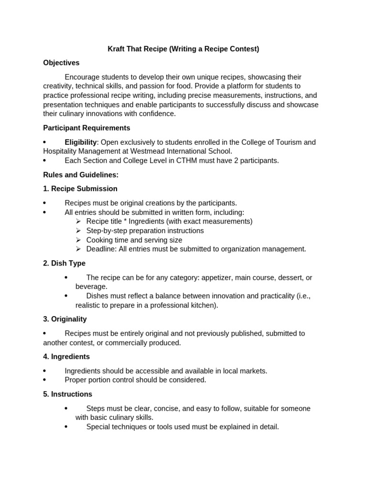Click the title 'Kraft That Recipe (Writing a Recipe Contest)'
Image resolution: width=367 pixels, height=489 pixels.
[183, 49]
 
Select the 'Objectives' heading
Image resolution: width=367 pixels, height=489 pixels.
[61, 63]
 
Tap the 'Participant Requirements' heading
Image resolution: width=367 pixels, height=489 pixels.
[86, 128]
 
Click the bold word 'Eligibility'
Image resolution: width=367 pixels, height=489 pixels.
[80, 142]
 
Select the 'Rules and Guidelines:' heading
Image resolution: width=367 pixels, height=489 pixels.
[80, 175]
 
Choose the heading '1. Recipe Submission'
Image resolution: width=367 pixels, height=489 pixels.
[80, 189]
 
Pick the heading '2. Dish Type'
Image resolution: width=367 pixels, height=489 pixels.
[64, 263]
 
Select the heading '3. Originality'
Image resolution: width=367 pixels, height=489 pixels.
[65, 319]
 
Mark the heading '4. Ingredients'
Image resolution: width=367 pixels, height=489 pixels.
[66, 357]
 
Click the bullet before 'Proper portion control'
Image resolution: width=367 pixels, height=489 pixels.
[44, 380]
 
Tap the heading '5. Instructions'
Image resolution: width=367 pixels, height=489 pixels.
[67, 394]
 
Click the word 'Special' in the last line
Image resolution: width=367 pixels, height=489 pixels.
[98, 427]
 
